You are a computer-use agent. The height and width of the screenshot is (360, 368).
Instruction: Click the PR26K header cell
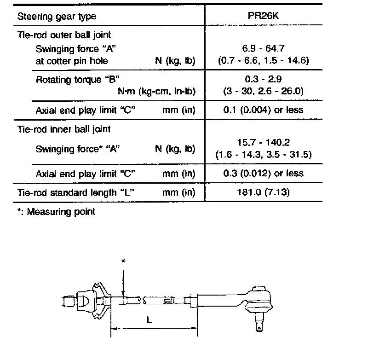click(x=263, y=16)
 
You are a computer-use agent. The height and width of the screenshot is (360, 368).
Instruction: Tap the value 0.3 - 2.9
click(x=263, y=80)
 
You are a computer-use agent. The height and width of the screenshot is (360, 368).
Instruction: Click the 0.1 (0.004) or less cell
click(x=263, y=110)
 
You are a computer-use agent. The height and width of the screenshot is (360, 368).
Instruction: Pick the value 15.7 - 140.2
click(x=263, y=143)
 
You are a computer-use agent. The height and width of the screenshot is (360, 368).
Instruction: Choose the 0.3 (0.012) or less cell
click(x=263, y=173)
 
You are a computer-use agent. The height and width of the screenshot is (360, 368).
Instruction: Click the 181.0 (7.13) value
click(x=263, y=192)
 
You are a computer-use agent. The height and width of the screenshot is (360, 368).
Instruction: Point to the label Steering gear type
click(x=57, y=16)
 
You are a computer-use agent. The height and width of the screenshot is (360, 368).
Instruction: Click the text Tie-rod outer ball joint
click(x=64, y=35)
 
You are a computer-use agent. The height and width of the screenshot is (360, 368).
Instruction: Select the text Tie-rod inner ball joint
click(x=63, y=130)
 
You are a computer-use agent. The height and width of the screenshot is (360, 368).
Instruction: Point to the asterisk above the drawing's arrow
click(x=123, y=261)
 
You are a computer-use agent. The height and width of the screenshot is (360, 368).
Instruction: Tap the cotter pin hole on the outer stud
click(x=261, y=328)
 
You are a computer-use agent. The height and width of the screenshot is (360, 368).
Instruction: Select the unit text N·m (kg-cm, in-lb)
click(x=156, y=91)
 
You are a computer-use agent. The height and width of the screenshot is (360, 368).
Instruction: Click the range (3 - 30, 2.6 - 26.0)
click(x=263, y=91)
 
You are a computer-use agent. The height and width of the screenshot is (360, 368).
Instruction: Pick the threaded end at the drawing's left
click(x=68, y=302)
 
